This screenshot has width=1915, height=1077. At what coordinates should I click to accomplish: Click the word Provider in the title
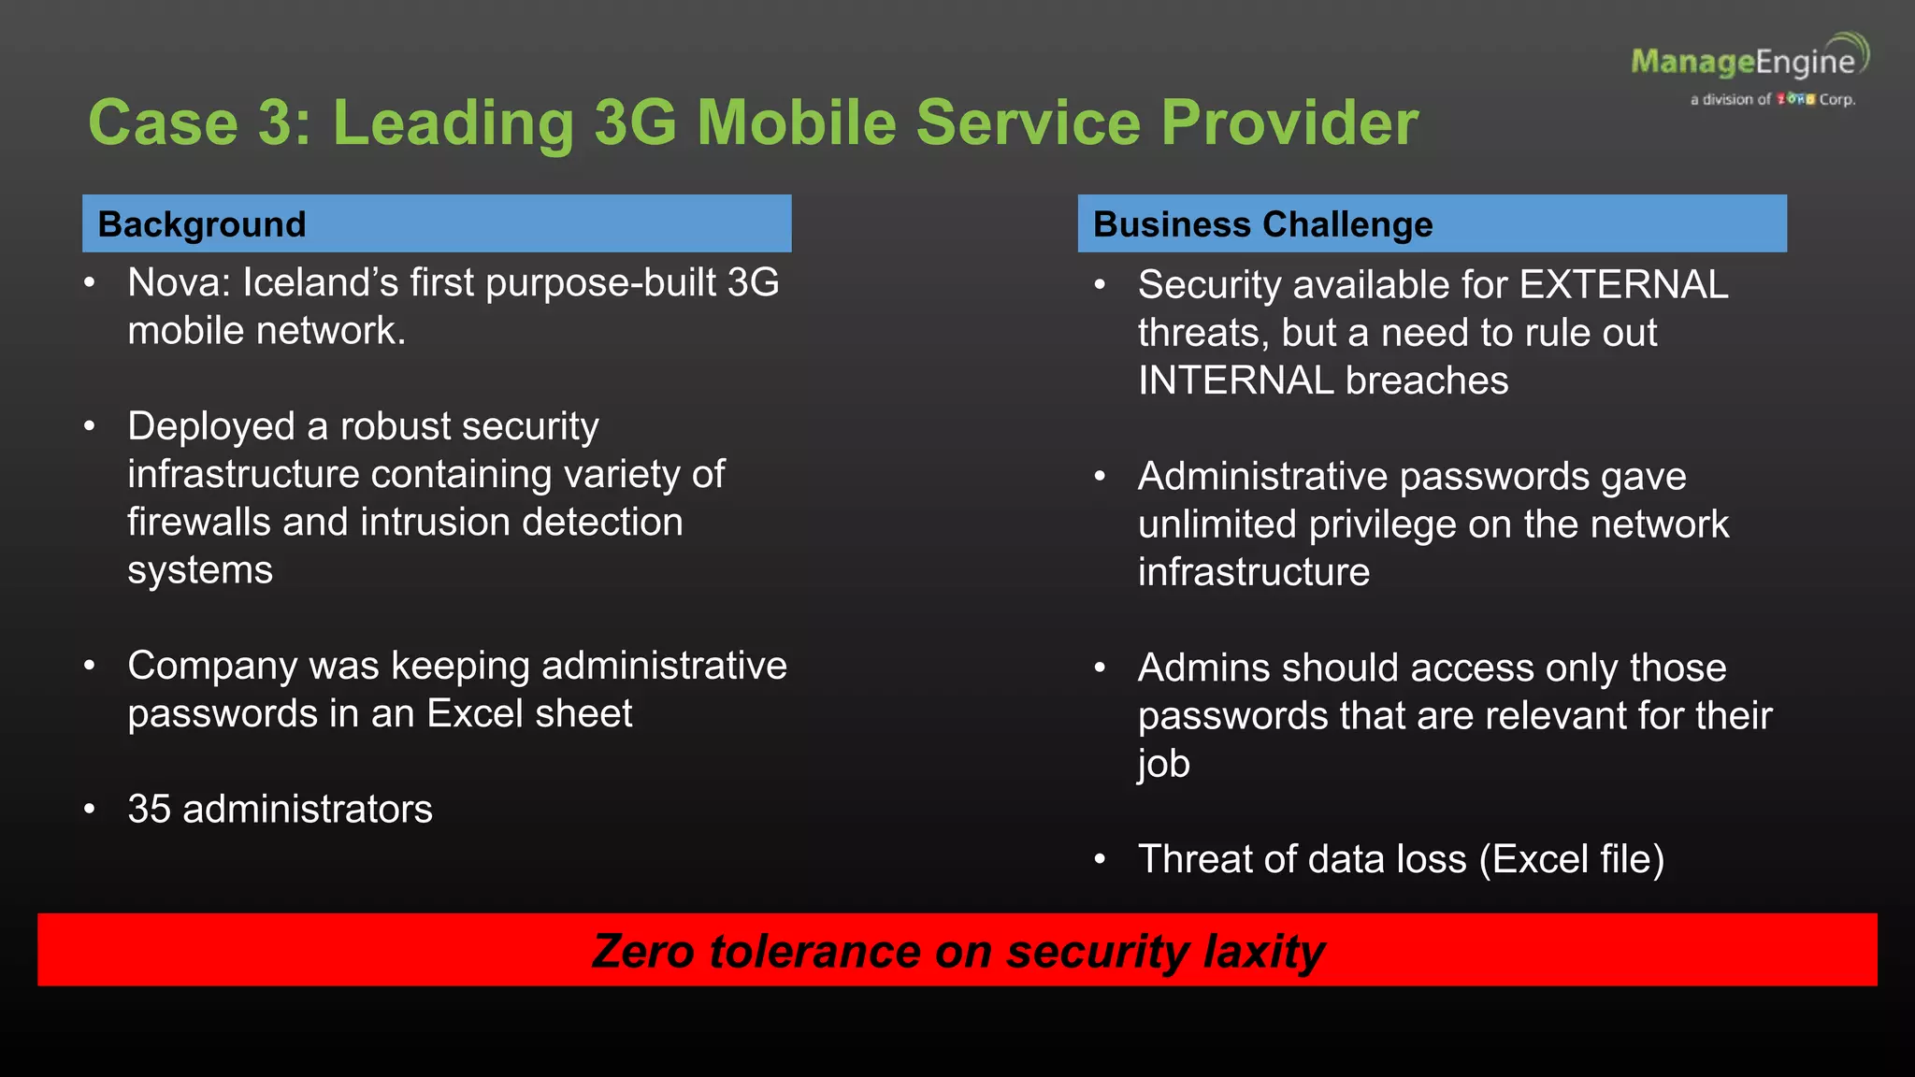tap(1289, 122)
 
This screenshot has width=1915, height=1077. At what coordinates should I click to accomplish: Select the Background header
tap(202, 224)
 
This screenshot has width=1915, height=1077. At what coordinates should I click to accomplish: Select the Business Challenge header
tap(1262, 224)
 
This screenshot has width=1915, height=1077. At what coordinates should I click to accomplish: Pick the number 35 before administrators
tap(149, 809)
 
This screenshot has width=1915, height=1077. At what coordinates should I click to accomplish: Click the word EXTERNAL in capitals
tap(1623, 284)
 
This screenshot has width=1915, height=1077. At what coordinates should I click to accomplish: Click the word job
tap(1163, 764)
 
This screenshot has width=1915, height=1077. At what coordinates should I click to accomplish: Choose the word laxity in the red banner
tap(1264, 951)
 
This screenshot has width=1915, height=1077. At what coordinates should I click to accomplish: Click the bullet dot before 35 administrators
tap(90, 809)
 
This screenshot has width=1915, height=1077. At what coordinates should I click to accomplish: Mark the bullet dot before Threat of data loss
tap(1101, 859)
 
